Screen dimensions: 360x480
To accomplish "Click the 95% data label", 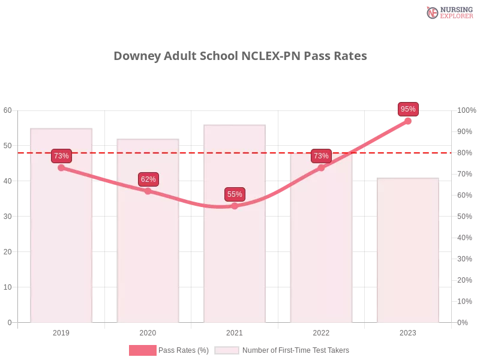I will point(408,109).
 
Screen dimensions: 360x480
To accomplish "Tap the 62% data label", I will point(148,179).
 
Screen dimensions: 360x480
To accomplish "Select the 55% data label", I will point(235,194).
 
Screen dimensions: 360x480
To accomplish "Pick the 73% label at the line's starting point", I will point(61,156).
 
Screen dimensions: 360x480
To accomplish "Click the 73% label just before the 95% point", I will point(321,156).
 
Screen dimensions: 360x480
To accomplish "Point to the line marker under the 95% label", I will point(408,121).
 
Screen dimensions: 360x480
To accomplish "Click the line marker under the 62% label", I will point(148,191).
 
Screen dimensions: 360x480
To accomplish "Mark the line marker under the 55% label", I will point(235,206).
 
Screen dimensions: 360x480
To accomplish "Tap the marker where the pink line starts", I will point(61,168).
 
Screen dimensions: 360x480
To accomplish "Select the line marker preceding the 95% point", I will point(321,168).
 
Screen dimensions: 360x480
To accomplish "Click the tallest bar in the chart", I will point(235,240).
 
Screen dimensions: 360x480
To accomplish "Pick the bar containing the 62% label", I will point(148,252).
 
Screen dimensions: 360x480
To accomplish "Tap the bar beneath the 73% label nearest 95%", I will point(321,252).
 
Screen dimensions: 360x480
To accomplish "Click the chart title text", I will point(240,56).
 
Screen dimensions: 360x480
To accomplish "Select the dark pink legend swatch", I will point(143,350).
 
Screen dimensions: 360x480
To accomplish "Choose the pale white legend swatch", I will point(227,350).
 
